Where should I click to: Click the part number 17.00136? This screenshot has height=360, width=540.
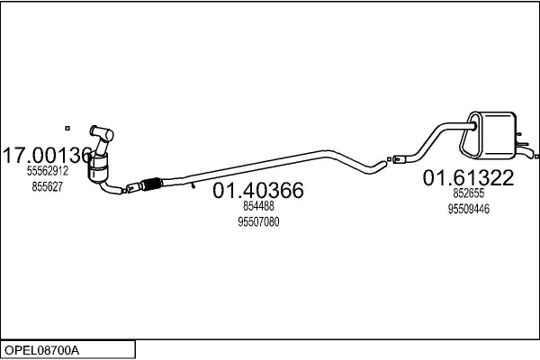tap(48, 156)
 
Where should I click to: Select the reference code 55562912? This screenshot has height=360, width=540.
tap(48, 171)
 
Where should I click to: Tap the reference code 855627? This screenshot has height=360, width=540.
tap(48, 186)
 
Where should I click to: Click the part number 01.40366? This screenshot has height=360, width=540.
tap(258, 190)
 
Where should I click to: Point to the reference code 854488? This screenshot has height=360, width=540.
tap(258, 206)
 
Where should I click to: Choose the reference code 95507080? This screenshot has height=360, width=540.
tap(258, 222)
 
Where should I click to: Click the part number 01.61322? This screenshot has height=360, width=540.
tap(468, 178)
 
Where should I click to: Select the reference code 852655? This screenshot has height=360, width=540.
tap(468, 193)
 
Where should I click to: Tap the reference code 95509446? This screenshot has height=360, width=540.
tap(468, 209)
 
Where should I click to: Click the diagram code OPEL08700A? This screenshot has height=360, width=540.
tap(41, 350)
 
